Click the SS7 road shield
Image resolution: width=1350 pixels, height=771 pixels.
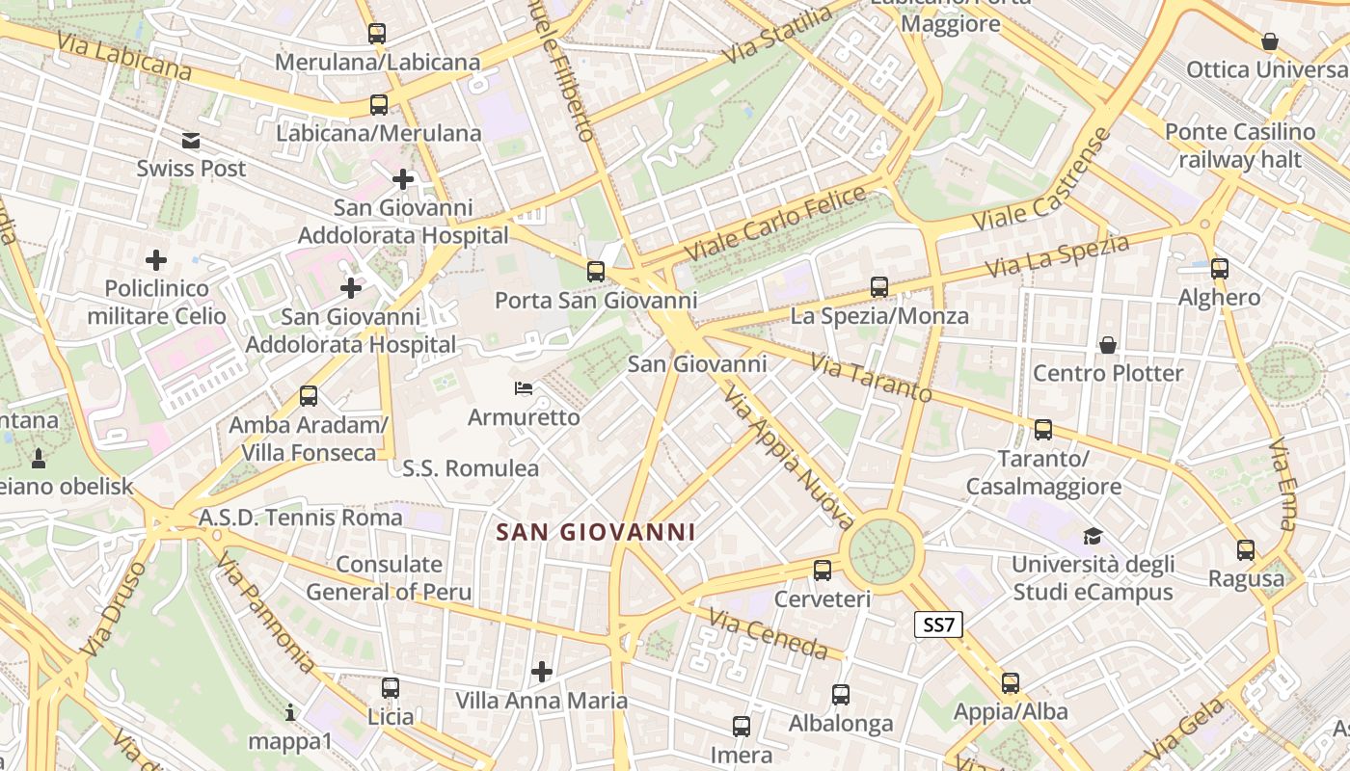(x=938, y=625)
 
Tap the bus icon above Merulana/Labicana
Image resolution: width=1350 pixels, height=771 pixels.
(x=377, y=34)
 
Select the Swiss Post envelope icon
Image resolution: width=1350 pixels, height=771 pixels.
(x=191, y=141)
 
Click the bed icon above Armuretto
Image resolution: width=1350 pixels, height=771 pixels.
(x=524, y=389)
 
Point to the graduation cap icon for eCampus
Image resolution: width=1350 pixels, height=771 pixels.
(x=1093, y=536)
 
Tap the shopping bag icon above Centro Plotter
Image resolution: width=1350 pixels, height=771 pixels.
(x=1108, y=345)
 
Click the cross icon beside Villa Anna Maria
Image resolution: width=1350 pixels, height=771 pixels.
(x=542, y=671)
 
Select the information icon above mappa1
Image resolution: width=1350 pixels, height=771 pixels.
(x=290, y=713)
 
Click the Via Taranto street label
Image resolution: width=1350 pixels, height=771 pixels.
(x=871, y=378)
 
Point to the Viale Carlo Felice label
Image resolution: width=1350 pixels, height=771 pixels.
(x=775, y=224)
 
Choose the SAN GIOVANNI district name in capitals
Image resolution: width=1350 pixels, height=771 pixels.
(x=595, y=532)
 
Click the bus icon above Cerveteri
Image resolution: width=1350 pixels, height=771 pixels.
(x=823, y=571)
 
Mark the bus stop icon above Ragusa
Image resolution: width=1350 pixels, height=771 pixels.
(x=1246, y=550)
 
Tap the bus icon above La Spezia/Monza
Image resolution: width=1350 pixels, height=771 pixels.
(x=878, y=287)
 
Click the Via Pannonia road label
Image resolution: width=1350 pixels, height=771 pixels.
(x=264, y=612)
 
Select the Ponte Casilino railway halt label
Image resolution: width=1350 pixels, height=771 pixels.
(x=1240, y=146)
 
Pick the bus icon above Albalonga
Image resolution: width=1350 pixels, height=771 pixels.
(x=841, y=695)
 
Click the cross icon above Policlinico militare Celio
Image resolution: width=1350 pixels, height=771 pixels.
(x=156, y=260)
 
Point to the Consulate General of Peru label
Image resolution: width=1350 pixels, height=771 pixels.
(x=390, y=578)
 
